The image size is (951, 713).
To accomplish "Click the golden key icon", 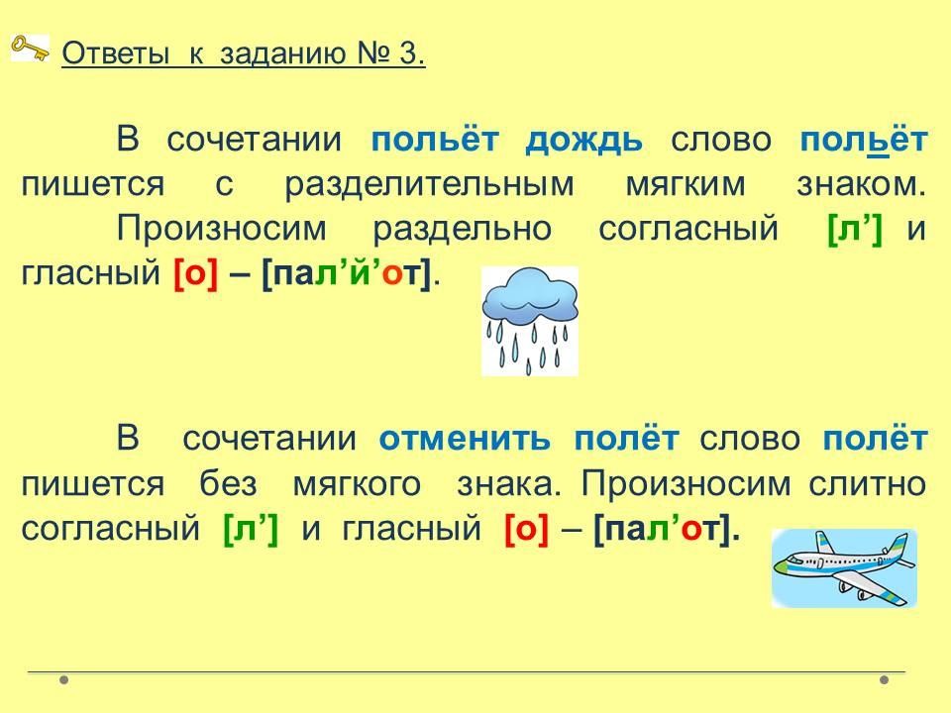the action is coord(30,48).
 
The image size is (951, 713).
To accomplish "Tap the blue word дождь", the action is coord(583,140).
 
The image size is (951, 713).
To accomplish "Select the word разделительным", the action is coord(429,184).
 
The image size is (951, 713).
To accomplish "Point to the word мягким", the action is coord(686,185).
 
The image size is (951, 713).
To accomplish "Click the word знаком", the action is coord(861,184).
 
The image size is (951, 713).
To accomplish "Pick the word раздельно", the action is coord(463,229).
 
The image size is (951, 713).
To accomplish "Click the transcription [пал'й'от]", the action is coord(347,274).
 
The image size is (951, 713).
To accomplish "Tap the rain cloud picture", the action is coord(529,321).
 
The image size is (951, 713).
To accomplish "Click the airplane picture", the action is coord(844,568).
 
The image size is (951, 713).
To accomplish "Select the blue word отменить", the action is coord(465,439).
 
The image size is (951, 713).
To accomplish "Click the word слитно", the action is coord(868,483).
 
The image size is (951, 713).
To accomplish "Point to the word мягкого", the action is coord(357,484).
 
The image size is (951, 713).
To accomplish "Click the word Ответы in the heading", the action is coord(115,53).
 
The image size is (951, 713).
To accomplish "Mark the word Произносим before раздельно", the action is coord(221,229).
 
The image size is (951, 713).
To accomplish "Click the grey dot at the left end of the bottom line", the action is coord(64,679).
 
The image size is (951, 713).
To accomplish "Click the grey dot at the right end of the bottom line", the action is coord(885,679).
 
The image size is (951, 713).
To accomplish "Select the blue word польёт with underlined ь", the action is coord(864,140).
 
